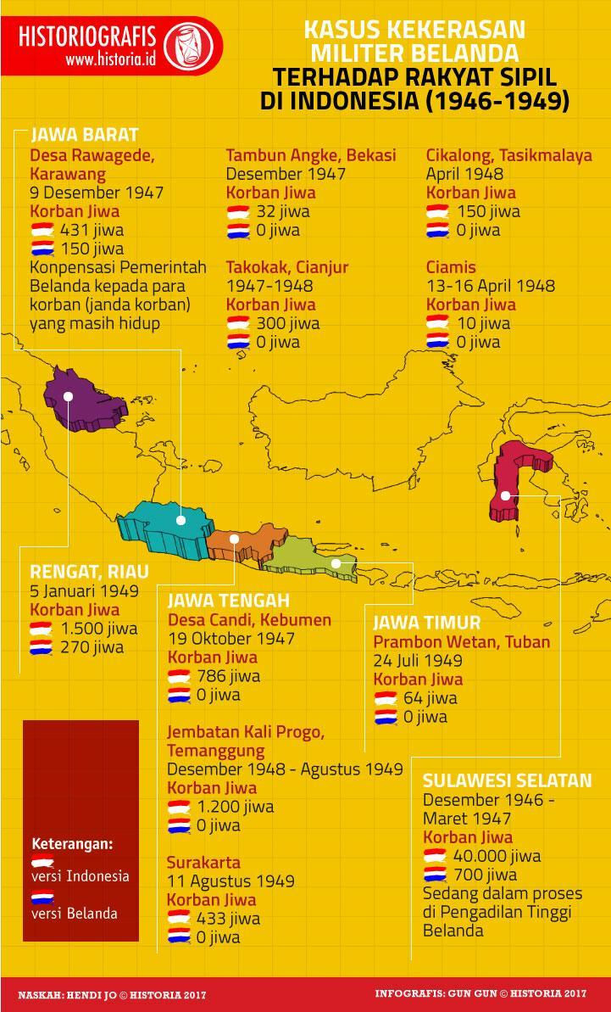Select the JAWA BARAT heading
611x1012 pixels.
coord(85,135)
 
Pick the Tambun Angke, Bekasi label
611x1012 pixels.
coord(310,155)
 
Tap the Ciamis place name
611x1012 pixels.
coord(451,267)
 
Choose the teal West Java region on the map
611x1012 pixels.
coord(165,526)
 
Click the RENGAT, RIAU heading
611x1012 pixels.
coord(89,571)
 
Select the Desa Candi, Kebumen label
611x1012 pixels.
coord(248,620)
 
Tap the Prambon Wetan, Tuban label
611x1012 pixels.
coord(461,642)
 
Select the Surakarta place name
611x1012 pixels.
coord(203,863)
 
